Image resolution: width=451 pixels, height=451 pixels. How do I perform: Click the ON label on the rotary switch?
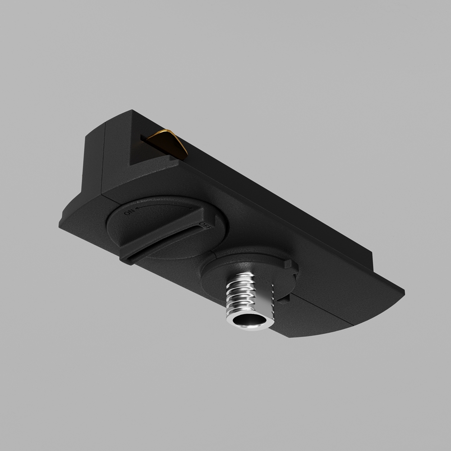pyautogui.click(x=130, y=213)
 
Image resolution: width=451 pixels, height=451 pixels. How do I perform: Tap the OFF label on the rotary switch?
pyautogui.click(x=204, y=225)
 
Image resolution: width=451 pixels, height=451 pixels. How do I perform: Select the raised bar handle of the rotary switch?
pyautogui.click(x=167, y=239)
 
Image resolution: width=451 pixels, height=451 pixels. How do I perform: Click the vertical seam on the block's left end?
pyautogui.click(x=104, y=158)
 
